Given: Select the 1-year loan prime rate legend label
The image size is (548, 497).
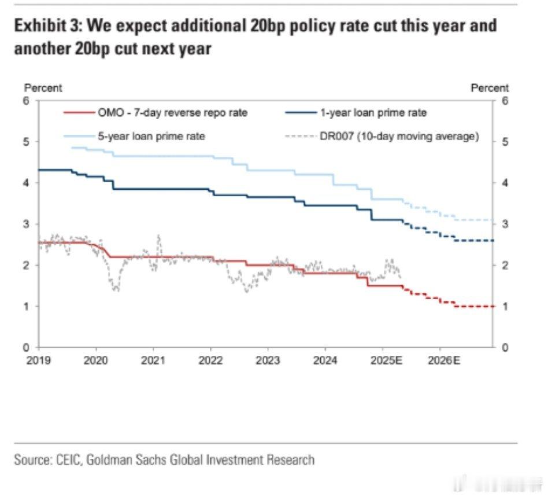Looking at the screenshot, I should (x=373, y=113).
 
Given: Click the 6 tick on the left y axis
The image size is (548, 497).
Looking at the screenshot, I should (x=27, y=101).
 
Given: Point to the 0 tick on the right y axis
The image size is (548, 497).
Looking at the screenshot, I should (x=505, y=348).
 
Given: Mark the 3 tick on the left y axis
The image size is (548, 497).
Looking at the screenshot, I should (x=27, y=224).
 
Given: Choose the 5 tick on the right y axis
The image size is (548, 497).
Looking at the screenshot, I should (x=505, y=142).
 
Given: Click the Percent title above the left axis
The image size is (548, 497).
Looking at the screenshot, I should (x=43, y=88).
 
